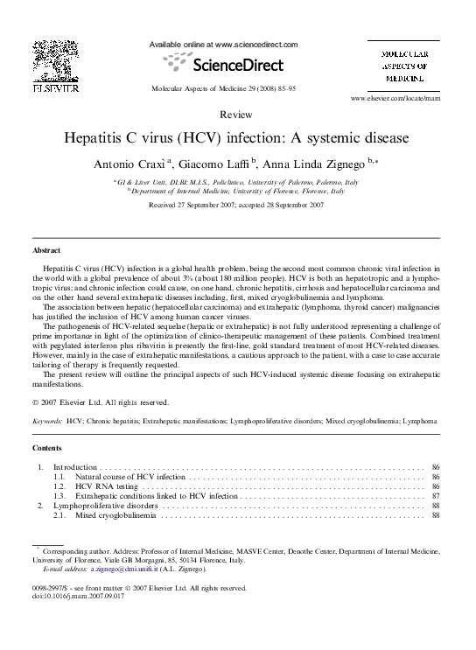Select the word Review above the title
pos(237,115)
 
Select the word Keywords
pos(47,422)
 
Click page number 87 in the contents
pos(435,495)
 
